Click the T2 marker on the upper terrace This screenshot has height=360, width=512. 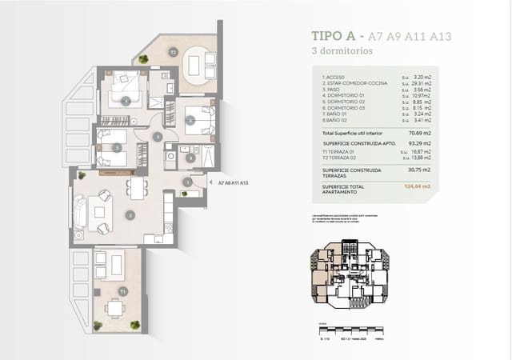pos(172,51)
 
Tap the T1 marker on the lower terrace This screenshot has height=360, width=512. pos(122,291)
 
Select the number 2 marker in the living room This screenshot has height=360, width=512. pos(130,214)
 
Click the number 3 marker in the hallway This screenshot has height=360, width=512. pos(158,138)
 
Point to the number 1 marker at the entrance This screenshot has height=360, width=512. pos(186,182)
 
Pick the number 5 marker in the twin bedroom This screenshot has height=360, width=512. pos(117,147)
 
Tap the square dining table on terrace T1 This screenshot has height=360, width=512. pos(116,308)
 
